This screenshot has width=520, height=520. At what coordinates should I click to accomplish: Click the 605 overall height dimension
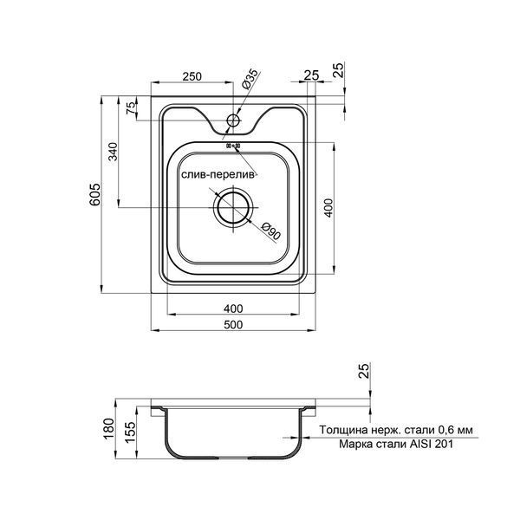coord(94,194)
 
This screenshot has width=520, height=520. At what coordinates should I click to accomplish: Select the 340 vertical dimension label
coord(114,152)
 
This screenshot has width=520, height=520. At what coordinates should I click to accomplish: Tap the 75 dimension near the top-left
coord(132,108)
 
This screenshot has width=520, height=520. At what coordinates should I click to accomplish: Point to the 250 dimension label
coord(192,76)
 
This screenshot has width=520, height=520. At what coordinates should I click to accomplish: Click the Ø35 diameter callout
coord(250,79)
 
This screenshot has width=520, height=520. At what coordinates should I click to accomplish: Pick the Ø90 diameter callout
coord(271,231)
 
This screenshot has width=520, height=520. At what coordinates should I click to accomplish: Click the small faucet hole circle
coord(233,120)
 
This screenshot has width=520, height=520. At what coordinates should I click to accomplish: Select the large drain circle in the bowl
coord(233,208)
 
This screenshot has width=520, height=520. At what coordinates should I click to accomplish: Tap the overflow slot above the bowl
coord(233,146)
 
